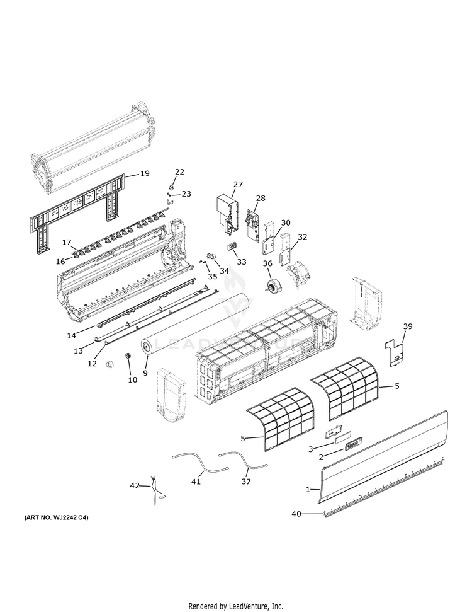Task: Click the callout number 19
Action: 145,173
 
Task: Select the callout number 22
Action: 179,171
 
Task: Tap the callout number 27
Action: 237,185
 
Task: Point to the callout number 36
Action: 267,263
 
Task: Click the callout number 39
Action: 408,326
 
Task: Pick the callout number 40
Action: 296,514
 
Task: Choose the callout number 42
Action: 135,485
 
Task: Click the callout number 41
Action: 196,482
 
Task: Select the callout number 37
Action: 245,482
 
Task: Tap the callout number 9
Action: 145,373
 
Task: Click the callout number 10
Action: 132,379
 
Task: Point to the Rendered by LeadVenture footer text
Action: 235,606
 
